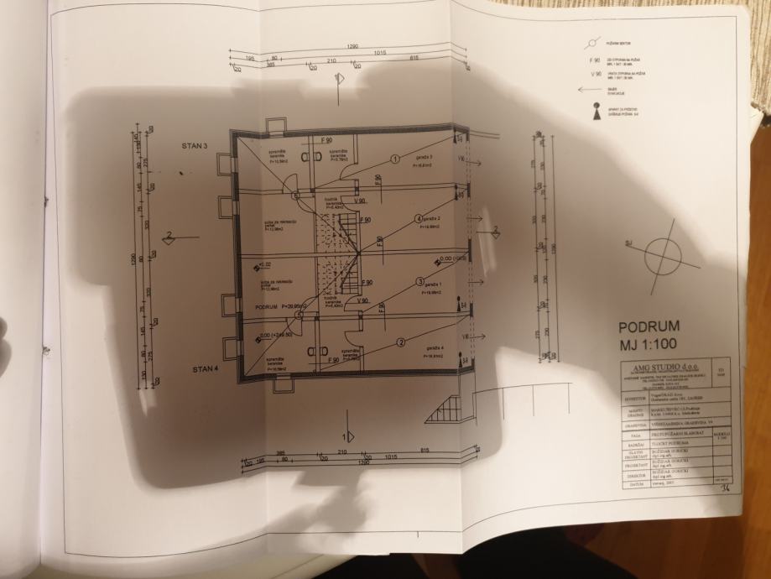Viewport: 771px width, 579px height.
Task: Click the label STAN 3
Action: click(x=193, y=145)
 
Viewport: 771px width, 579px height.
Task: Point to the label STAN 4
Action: click(x=205, y=368)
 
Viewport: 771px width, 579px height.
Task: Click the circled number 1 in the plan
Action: click(x=394, y=159)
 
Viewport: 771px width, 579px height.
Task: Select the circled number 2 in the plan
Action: click(x=401, y=341)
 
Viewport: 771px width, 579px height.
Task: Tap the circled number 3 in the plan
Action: click(x=419, y=281)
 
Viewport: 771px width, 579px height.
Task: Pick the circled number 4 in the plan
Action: click(x=419, y=220)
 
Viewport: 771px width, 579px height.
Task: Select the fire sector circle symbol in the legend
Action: click(x=595, y=41)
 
